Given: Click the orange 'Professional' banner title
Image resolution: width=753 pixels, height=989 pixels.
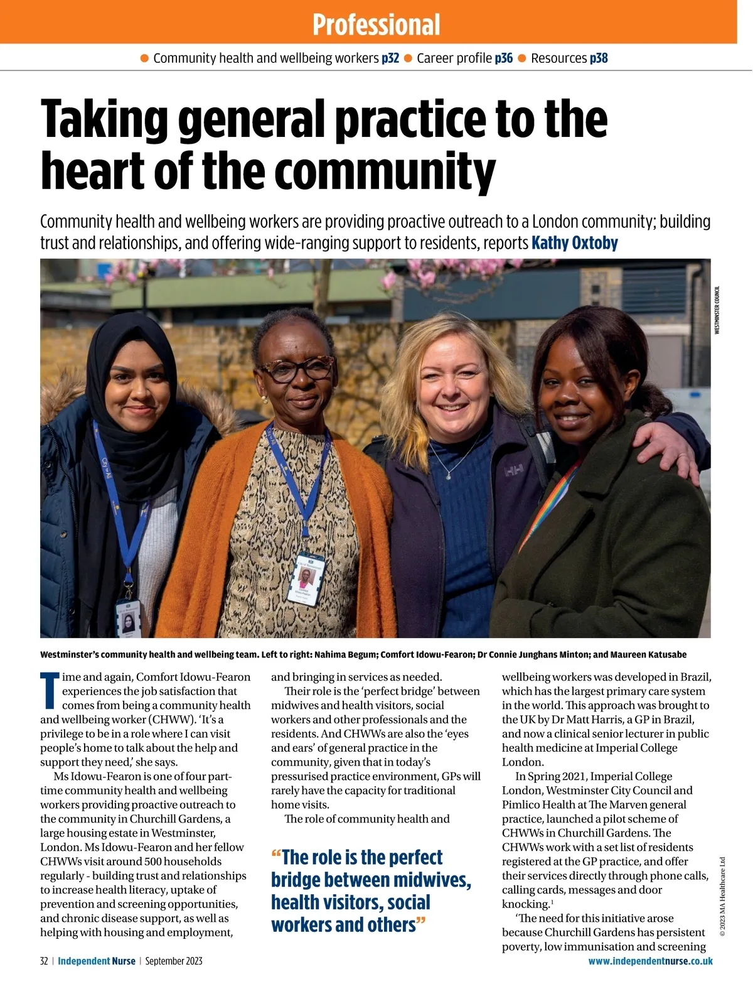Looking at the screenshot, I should coord(376,24).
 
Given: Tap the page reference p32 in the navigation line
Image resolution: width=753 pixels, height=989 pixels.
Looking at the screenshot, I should coord(390,58).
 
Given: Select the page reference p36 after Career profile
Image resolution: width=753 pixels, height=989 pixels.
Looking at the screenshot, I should coord(503,58).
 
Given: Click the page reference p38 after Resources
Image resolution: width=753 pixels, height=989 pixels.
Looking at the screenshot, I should coord(599,58).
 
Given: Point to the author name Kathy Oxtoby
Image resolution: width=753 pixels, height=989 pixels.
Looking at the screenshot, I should coord(574,243).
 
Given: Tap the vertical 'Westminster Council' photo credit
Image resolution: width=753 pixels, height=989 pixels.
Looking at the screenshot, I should coord(717,310).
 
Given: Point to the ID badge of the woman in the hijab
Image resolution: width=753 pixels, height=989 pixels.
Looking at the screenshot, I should coord(129,619).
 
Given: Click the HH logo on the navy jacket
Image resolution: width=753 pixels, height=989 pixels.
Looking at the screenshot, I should coord(515,468).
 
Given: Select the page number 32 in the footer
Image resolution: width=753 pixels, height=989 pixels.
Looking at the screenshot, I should coord(44,961).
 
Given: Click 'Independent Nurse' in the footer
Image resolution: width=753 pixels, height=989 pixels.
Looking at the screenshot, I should coord(97,961).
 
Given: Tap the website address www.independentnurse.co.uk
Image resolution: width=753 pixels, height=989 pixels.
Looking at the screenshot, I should coord(650,961).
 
